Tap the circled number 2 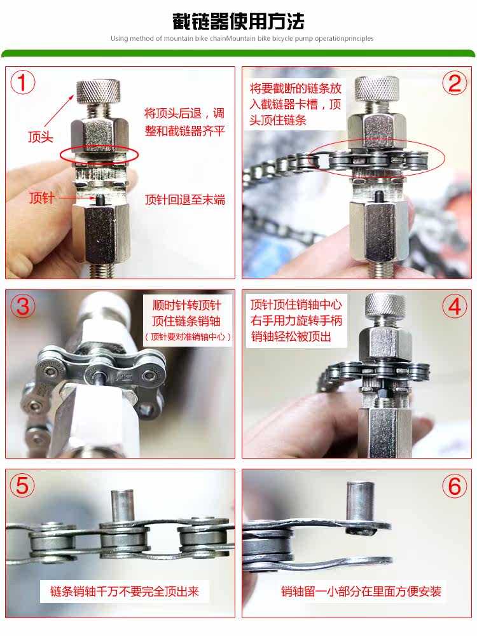[454, 83]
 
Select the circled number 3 [23, 305]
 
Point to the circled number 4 [454, 307]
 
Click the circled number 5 [22, 485]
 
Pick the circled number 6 [454, 485]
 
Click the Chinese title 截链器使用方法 [238, 22]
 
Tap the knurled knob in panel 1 [98, 91]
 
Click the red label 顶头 [41, 137]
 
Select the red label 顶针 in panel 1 [41, 198]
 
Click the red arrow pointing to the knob [59, 111]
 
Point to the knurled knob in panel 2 [377, 89]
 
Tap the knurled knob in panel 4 [385, 306]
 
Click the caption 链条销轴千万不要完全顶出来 [125, 591]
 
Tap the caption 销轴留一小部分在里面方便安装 [361, 591]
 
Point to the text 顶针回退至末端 [185, 200]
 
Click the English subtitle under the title [242, 39]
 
